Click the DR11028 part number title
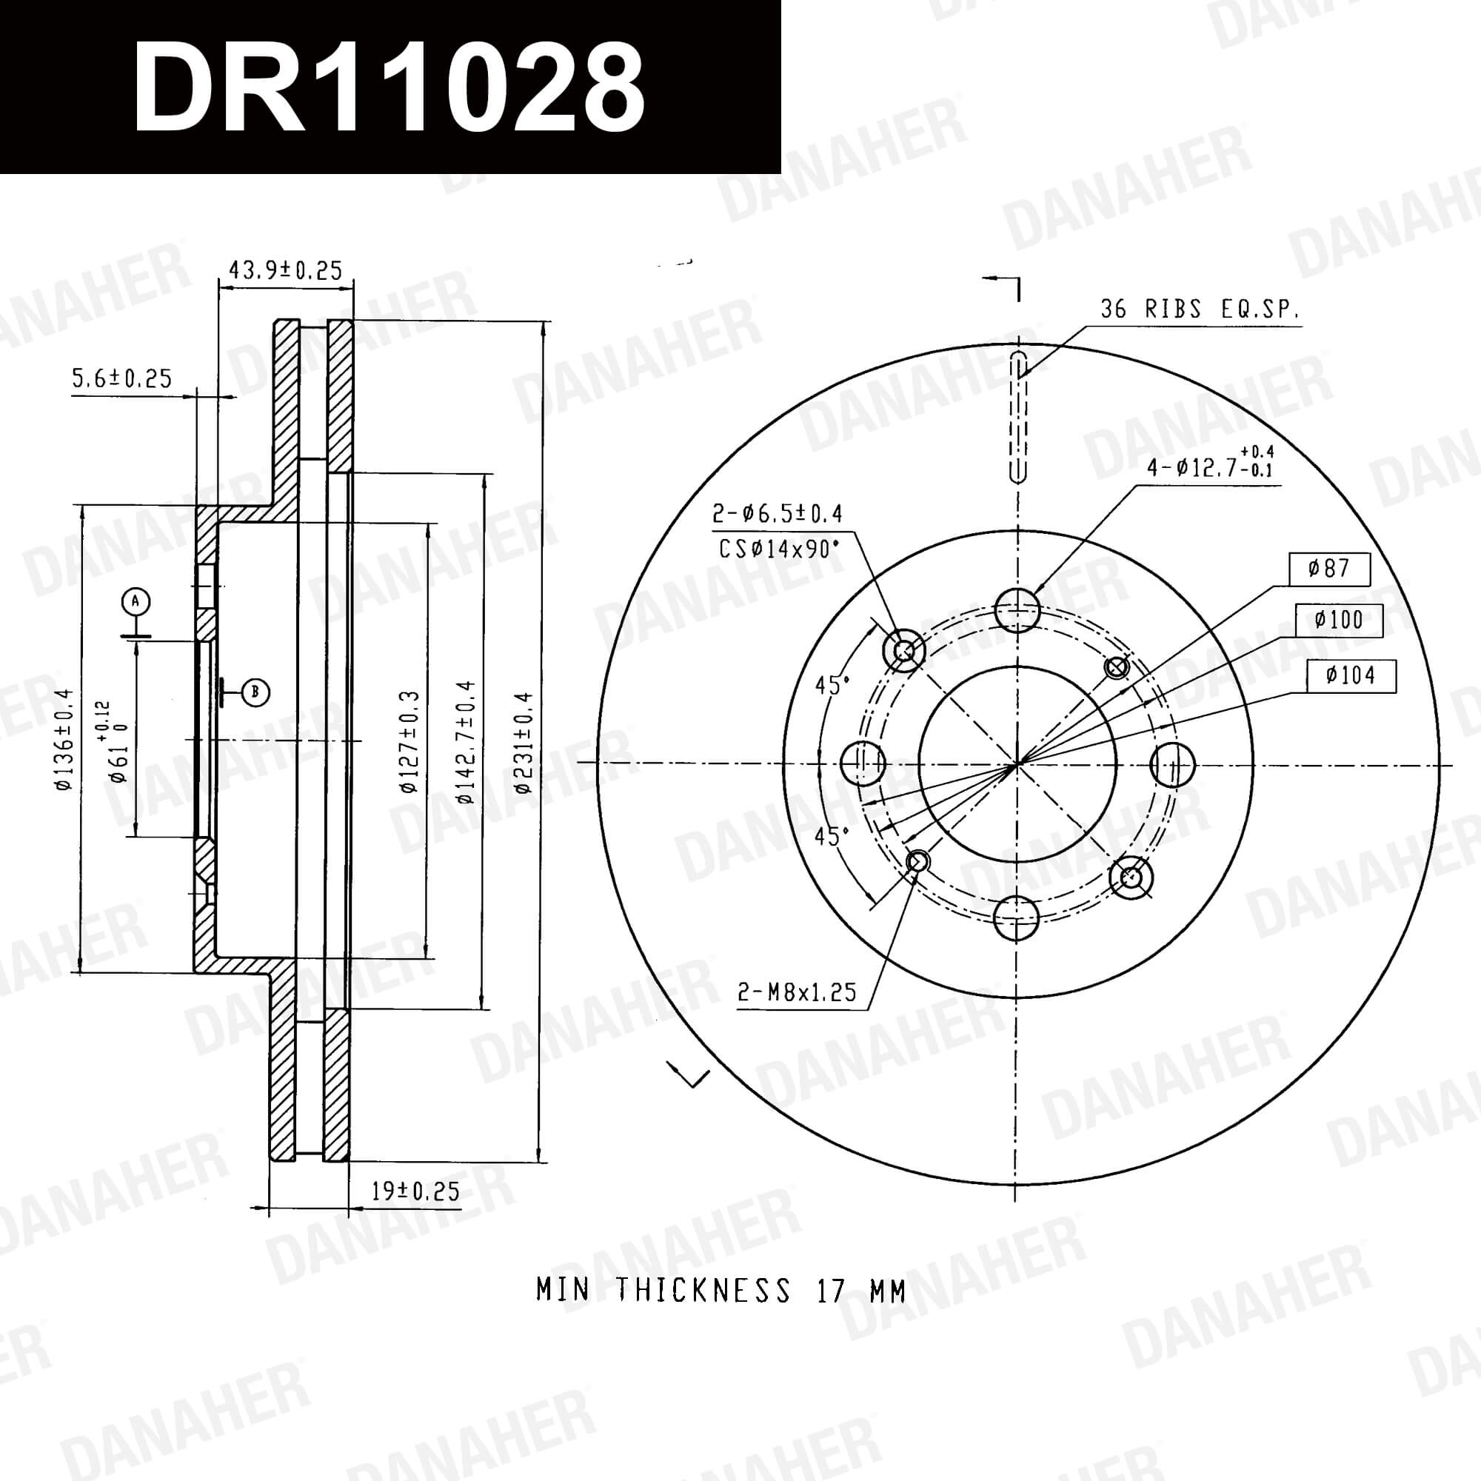389,87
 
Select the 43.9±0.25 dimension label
285,270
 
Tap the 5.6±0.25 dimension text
122,378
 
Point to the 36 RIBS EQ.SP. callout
1200,309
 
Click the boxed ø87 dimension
1329,569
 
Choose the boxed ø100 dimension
1338,620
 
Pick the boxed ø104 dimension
1351,675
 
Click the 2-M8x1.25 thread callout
797,993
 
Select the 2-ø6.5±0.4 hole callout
778,514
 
